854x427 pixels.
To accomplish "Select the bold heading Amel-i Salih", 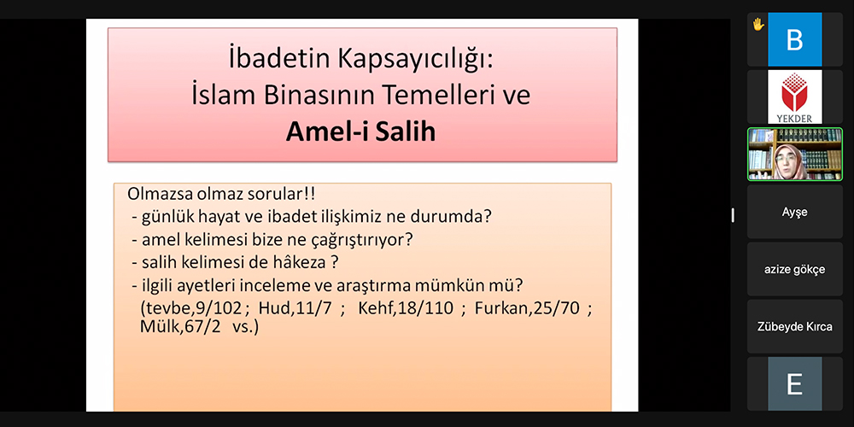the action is (x=360, y=132).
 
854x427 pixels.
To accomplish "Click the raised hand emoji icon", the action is (x=758, y=24).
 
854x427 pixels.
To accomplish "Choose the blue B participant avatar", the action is (x=794, y=39).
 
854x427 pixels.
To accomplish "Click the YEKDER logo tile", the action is (x=794, y=97).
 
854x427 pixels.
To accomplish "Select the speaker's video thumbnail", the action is (x=794, y=154).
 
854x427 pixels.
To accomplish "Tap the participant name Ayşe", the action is (x=794, y=212).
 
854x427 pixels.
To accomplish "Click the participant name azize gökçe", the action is (x=794, y=270).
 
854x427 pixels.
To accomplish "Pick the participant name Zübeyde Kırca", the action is (x=794, y=327).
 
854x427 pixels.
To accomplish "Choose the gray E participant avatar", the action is (x=794, y=384).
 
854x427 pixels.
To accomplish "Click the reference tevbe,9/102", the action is (x=190, y=309).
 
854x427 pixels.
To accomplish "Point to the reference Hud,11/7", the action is (x=295, y=309).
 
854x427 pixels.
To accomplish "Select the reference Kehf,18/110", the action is (x=406, y=309).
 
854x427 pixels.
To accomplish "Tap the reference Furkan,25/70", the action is (x=529, y=309).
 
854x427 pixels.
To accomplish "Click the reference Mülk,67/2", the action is (x=177, y=327).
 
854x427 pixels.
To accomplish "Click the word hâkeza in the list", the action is (x=301, y=262).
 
